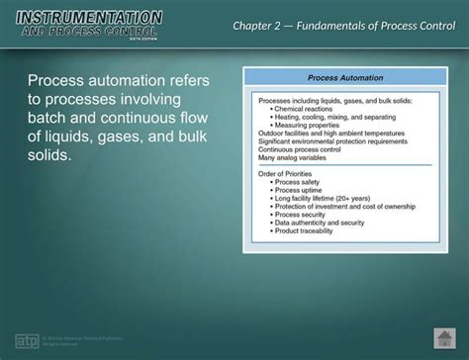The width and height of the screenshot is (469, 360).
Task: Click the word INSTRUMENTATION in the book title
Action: [x=89, y=17]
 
